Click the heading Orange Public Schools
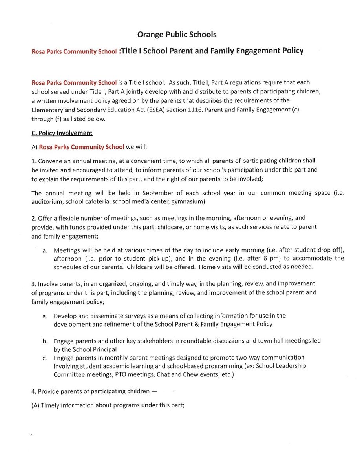177,35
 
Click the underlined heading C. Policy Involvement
62,133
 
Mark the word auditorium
47,202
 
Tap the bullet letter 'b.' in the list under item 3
45,341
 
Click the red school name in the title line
74,51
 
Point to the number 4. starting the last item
34,391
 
